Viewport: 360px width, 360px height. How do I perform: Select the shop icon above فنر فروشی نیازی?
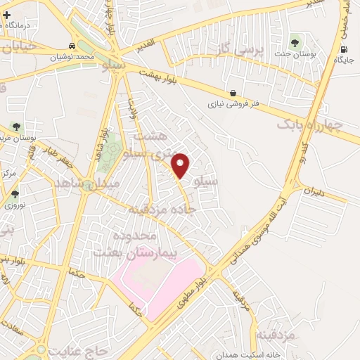point(233,93)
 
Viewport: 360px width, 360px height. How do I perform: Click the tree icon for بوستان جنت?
point(294,42)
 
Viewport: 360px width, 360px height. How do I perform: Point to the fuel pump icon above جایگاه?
point(344,49)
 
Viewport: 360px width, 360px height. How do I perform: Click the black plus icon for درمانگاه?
point(6,14)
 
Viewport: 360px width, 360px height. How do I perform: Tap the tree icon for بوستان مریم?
point(15,127)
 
